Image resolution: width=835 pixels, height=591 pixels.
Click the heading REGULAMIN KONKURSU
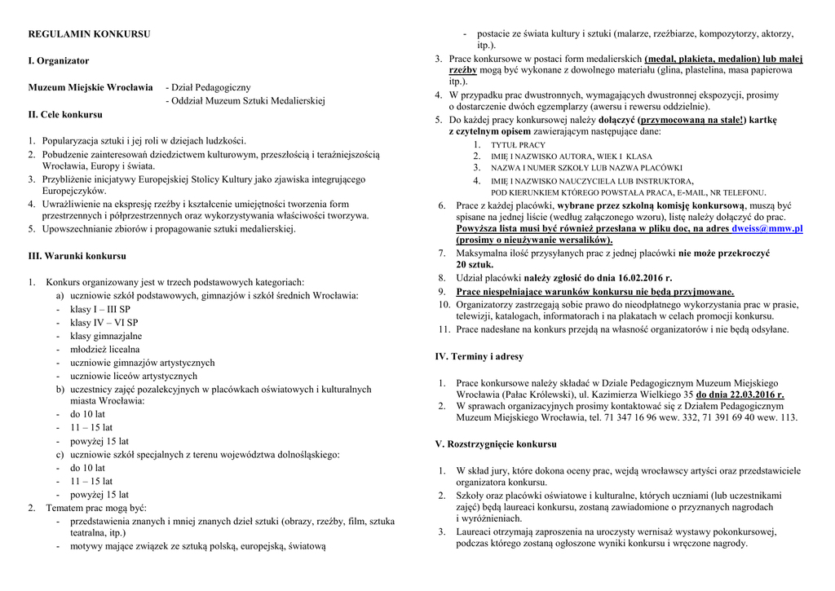click(89, 34)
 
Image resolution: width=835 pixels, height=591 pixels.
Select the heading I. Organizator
click(59, 61)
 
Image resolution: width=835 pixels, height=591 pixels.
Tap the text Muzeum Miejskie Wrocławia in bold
click(91, 87)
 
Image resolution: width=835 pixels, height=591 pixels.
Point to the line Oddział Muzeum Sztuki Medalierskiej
click(248, 101)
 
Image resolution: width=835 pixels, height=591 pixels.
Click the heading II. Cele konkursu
click(65, 114)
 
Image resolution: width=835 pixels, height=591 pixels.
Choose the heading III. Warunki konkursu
click(77, 256)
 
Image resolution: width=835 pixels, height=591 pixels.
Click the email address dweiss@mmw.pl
click(767, 229)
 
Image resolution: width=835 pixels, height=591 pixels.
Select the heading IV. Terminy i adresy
click(479, 356)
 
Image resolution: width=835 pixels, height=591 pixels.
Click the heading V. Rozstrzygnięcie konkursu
click(496, 444)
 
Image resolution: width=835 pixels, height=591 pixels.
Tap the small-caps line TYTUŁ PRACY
click(518, 145)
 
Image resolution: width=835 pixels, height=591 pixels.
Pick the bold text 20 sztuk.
click(474, 265)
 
